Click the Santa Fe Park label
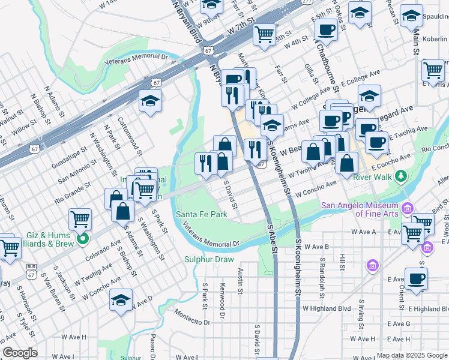pos(201,215)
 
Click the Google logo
pos(20,353)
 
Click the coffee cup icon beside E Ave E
pos(417,279)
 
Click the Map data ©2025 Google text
pos(411,355)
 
